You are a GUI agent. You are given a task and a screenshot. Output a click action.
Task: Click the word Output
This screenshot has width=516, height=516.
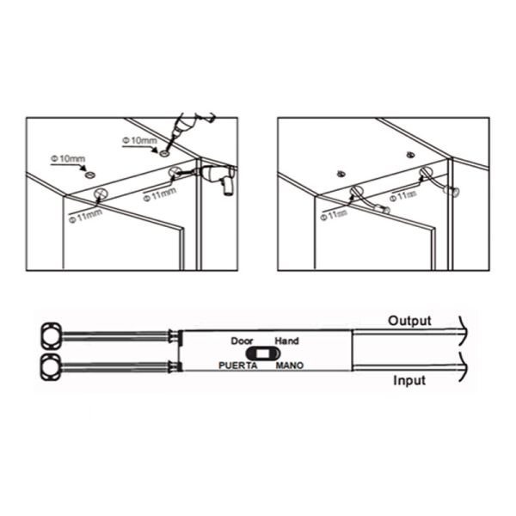[409, 321]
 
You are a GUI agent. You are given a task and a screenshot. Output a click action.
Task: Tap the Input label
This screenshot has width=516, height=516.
[409, 380]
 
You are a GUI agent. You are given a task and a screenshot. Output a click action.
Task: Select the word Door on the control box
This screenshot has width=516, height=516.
[242, 341]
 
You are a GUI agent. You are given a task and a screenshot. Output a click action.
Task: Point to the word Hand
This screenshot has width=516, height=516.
[286, 341]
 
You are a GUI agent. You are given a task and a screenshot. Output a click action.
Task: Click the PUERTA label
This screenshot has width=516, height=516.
[238, 365]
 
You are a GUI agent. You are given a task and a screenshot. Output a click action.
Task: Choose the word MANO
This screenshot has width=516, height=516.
[290, 365]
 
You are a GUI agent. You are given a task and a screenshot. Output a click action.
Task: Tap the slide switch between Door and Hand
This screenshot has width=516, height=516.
[263, 353]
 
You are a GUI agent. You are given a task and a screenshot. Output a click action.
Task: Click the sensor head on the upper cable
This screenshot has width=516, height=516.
[52, 335]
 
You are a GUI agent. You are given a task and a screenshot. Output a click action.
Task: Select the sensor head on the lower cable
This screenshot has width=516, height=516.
[51, 367]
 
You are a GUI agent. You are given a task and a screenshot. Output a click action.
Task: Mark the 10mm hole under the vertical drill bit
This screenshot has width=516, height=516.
[164, 153]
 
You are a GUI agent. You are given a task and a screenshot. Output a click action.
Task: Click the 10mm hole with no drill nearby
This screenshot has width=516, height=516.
[89, 175]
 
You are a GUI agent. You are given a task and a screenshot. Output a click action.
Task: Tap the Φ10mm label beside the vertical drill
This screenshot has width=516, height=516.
[140, 140]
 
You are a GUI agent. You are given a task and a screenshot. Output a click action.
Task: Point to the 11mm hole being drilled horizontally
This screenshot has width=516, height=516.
[175, 172]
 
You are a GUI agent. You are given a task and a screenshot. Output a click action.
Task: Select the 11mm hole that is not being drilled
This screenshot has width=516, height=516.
[101, 194]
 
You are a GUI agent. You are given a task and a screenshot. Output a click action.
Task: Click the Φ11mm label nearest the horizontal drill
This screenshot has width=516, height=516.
[160, 194]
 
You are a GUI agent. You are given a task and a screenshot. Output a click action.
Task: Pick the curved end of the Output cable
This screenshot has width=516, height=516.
[463, 331]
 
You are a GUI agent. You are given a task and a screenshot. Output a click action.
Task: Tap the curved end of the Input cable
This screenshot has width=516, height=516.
[463, 367]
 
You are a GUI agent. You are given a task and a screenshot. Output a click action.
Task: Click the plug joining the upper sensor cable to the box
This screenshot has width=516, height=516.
[175, 336]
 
